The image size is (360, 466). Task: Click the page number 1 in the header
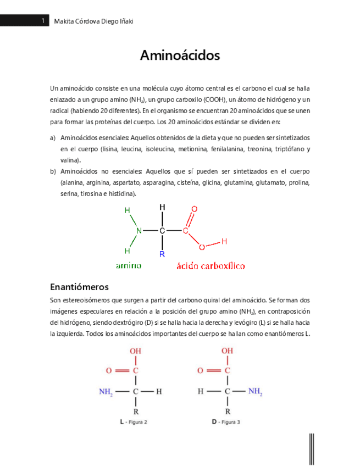[x=42, y=21]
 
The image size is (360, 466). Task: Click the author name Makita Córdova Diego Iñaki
[x=94, y=21]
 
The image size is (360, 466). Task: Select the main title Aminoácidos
[x=180, y=56]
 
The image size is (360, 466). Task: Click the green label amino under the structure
[x=129, y=265]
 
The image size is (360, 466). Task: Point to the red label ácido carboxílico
[x=211, y=266]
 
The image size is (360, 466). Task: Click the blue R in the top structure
[x=162, y=254]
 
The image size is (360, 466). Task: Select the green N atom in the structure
[x=139, y=231]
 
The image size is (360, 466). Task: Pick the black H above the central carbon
[x=162, y=207]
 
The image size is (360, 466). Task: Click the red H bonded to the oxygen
[x=224, y=241]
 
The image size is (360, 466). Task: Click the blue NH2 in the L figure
[x=106, y=392]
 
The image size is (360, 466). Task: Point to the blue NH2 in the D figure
[x=254, y=392]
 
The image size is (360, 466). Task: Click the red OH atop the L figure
[x=135, y=350]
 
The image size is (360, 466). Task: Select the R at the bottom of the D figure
[x=227, y=411]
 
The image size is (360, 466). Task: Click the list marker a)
[x=53, y=137]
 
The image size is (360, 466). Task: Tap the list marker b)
[x=53, y=171]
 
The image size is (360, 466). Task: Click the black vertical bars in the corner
[x=313, y=448]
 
